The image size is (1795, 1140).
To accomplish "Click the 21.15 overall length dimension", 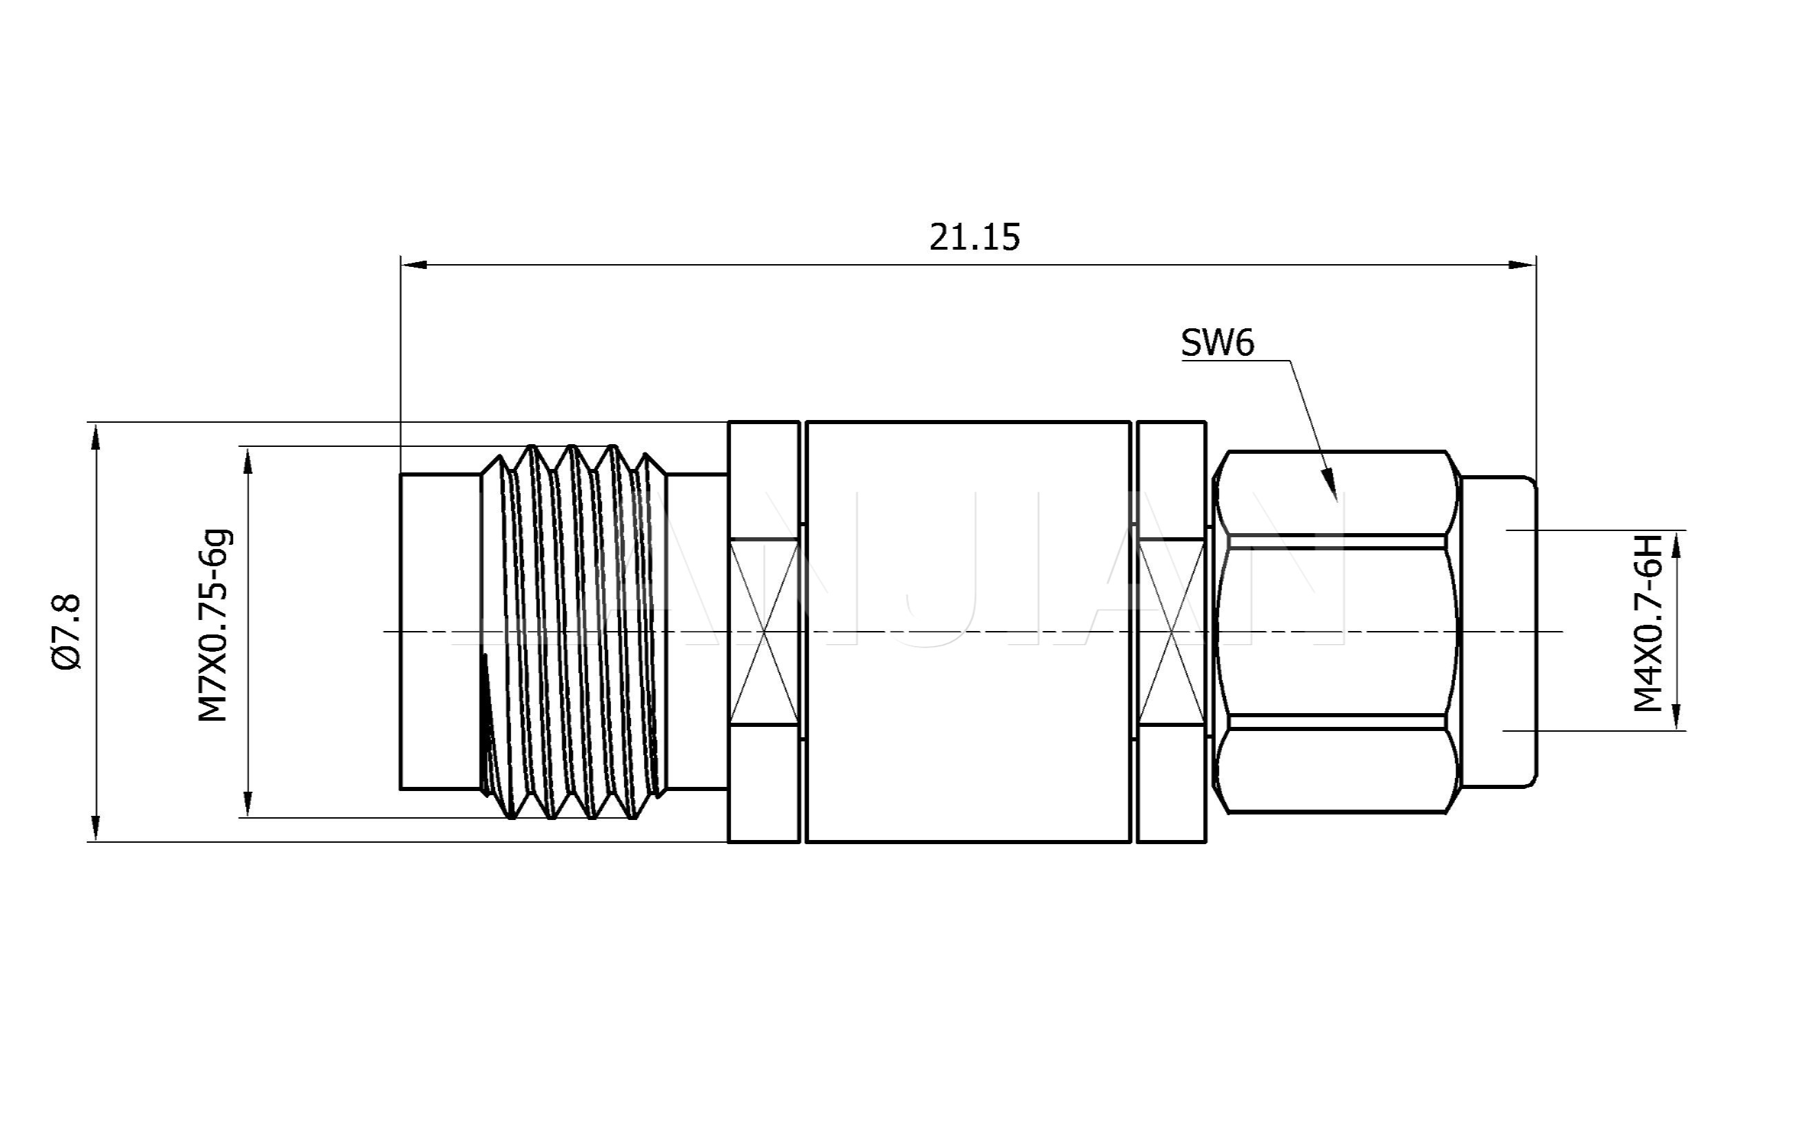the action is pyautogui.click(x=974, y=237).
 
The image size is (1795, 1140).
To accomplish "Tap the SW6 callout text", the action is pyautogui.click(x=1217, y=342).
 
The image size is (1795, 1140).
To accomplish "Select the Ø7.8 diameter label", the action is pyautogui.click(x=66, y=632).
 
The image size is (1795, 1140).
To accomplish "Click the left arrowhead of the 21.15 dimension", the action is pyautogui.click(x=414, y=265).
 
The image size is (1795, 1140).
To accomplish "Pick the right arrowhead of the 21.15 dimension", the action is pyautogui.click(x=1522, y=265).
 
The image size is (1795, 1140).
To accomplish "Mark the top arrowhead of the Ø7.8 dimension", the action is pyautogui.click(x=94, y=436).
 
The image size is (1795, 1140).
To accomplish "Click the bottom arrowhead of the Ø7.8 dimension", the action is pyautogui.click(x=94, y=828).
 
